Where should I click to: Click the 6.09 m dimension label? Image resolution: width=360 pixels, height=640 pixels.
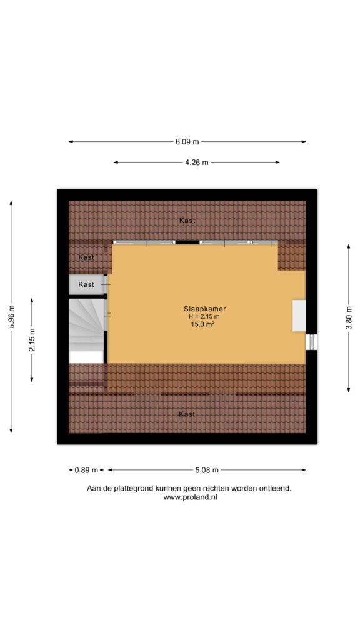[x=187, y=142]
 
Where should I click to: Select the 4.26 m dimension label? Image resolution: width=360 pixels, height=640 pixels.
[x=197, y=162]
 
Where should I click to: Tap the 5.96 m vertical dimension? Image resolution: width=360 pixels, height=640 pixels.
[x=11, y=317]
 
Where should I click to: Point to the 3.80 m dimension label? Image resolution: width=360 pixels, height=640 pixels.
[x=349, y=318]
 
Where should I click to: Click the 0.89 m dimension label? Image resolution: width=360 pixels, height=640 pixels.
[x=86, y=470]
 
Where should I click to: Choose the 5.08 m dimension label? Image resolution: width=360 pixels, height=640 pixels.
[x=207, y=470]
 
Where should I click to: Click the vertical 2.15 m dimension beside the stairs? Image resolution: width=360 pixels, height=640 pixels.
[x=32, y=340]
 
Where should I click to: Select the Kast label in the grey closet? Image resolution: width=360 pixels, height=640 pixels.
[x=86, y=284]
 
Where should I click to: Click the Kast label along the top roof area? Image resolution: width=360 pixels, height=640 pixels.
[x=187, y=221]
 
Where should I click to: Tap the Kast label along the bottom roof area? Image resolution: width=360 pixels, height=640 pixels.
[x=187, y=414]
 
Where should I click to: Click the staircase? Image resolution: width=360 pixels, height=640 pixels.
[x=86, y=331]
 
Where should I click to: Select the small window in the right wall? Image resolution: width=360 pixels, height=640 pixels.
[x=312, y=342]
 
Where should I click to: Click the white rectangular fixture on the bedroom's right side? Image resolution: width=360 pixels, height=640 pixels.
[x=299, y=316]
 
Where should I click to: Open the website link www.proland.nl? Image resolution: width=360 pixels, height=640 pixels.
[x=190, y=497]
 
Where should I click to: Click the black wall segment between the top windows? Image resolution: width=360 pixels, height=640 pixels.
[x=187, y=242]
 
